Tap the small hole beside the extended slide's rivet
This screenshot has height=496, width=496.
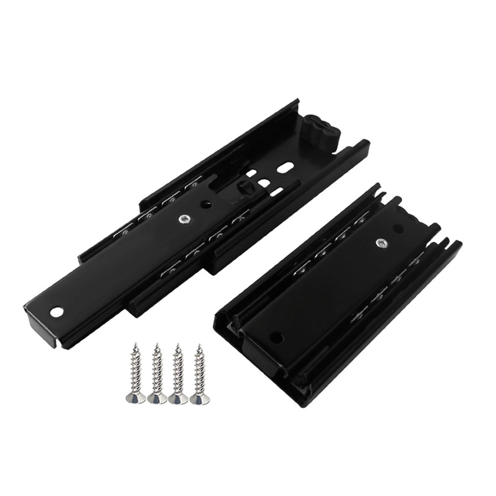tap(205, 204)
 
